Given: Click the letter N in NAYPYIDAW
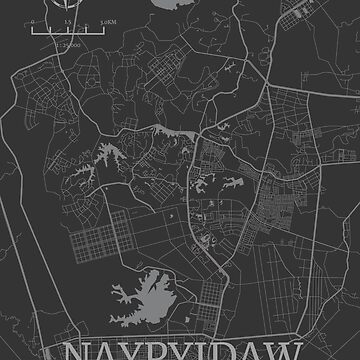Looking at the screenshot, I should [77, 346].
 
